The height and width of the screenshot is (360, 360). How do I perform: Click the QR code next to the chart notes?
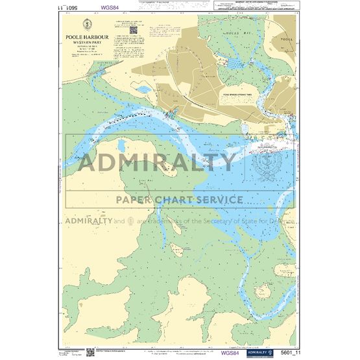point(133,30)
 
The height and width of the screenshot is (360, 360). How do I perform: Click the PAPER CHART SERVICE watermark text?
point(180,199)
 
